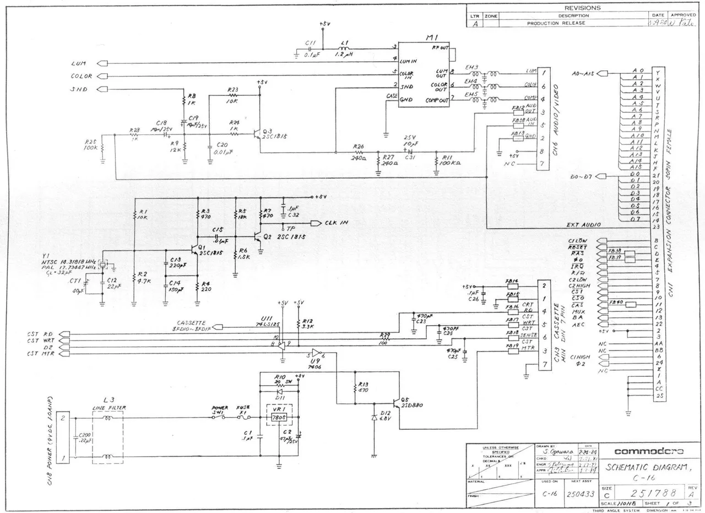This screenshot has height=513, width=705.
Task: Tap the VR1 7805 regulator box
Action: tap(278, 418)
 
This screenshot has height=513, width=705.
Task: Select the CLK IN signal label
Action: tap(337, 223)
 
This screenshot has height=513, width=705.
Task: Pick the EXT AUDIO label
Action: tap(583, 225)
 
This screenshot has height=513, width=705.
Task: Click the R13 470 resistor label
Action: tap(363, 387)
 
